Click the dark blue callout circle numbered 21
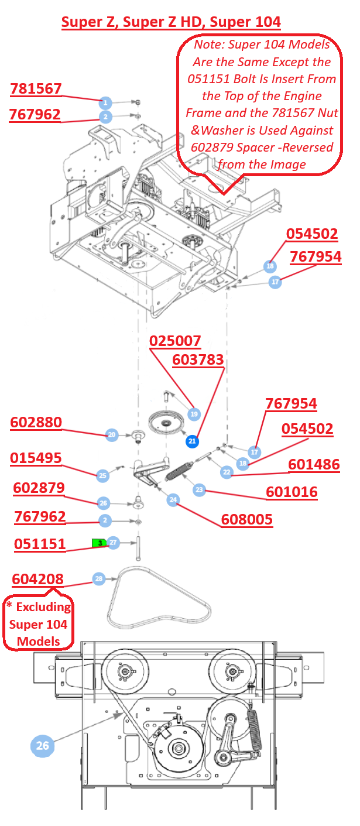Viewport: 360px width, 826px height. pos(192,441)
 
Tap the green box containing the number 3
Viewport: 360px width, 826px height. pos(100,543)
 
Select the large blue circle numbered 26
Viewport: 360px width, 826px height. pos(42,746)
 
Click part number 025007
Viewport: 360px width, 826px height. pos(175,341)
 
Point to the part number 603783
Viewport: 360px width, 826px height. pos(198,359)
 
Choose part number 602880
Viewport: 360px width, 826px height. pos(36,422)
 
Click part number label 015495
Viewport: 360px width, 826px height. pos(36,458)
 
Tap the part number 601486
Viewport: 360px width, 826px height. pos(314,465)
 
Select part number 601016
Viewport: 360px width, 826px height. pos(292,492)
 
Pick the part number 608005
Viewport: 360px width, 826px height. pos(247,520)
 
